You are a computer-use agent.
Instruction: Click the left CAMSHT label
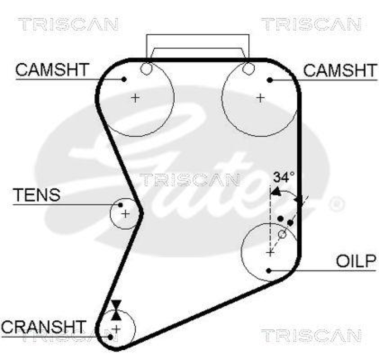52,71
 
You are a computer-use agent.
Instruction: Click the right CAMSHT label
340,71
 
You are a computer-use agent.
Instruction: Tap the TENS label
36,195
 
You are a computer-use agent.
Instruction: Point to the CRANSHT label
44,326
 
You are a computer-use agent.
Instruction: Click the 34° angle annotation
284,177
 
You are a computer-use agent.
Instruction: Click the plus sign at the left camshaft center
135,98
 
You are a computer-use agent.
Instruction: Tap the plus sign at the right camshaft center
260,98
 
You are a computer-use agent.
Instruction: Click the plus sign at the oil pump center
270,253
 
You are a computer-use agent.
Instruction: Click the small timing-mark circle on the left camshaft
146,69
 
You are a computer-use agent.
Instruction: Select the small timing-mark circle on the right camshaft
248,69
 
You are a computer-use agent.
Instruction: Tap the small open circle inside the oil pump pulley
282,234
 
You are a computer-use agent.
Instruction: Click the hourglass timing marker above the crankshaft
116,310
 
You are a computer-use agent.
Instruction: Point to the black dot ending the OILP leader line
268,270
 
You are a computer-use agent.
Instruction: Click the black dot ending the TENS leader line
121,205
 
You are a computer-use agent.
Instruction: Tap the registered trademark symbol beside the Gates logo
336,204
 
